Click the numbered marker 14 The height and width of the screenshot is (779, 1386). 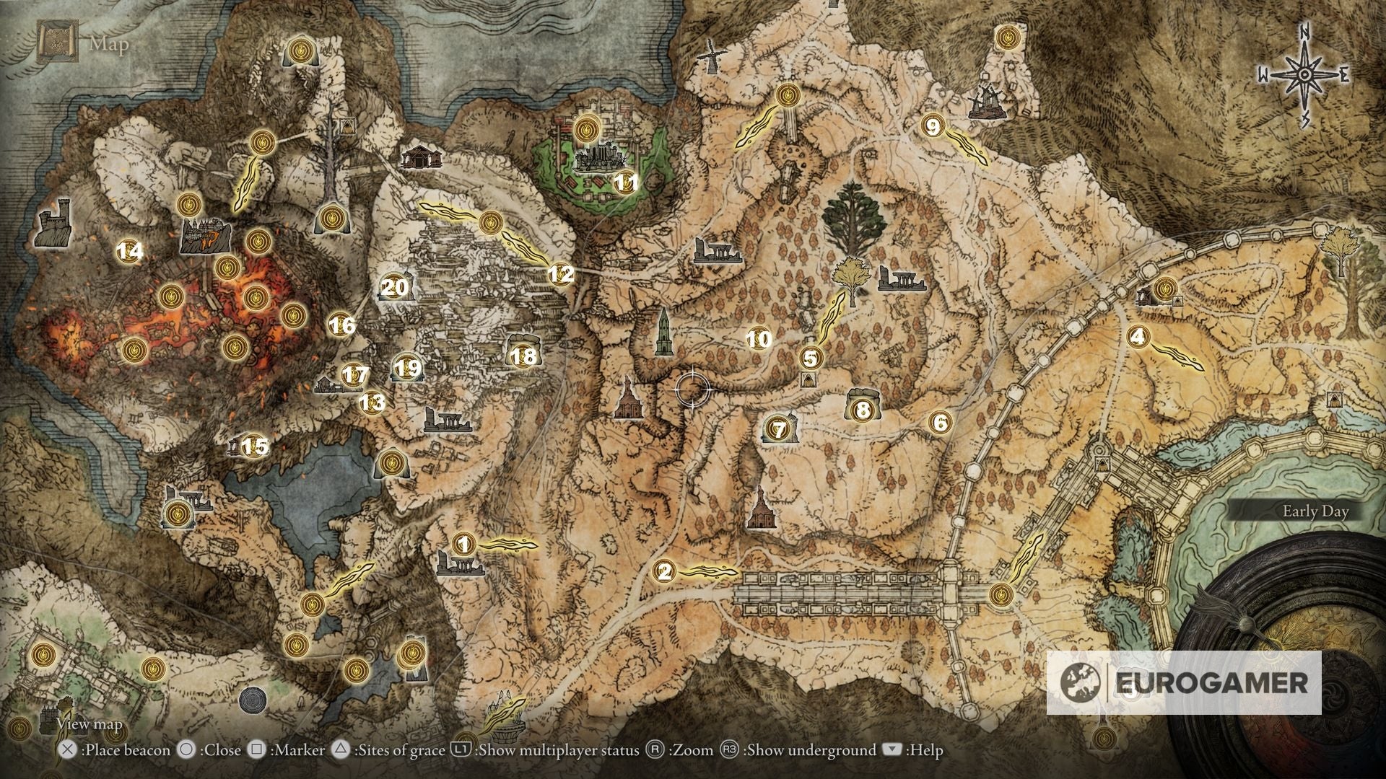pyautogui.click(x=130, y=251)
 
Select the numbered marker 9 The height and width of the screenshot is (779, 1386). pyautogui.click(x=932, y=127)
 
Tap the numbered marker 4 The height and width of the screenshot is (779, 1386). pyautogui.click(x=1138, y=336)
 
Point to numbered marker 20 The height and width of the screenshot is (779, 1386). pyautogui.click(x=394, y=288)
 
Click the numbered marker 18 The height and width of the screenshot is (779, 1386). pyautogui.click(x=524, y=356)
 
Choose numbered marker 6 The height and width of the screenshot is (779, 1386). pyautogui.click(x=940, y=422)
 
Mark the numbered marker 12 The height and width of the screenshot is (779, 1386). pyautogui.click(x=561, y=274)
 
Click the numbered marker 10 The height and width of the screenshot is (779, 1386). pyautogui.click(x=758, y=339)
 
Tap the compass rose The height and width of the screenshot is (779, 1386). pyautogui.click(x=1304, y=75)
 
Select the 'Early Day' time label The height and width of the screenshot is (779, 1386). pyautogui.click(x=1315, y=511)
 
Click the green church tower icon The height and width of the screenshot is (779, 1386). pyautogui.click(x=662, y=333)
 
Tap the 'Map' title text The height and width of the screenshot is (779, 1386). pyautogui.click(x=109, y=45)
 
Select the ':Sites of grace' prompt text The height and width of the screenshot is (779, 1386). pyautogui.click(x=398, y=751)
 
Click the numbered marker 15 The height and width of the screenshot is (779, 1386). pyautogui.click(x=253, y=446)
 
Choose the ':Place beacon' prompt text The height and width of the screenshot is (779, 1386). pyautogui.click(x=126, y=751)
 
